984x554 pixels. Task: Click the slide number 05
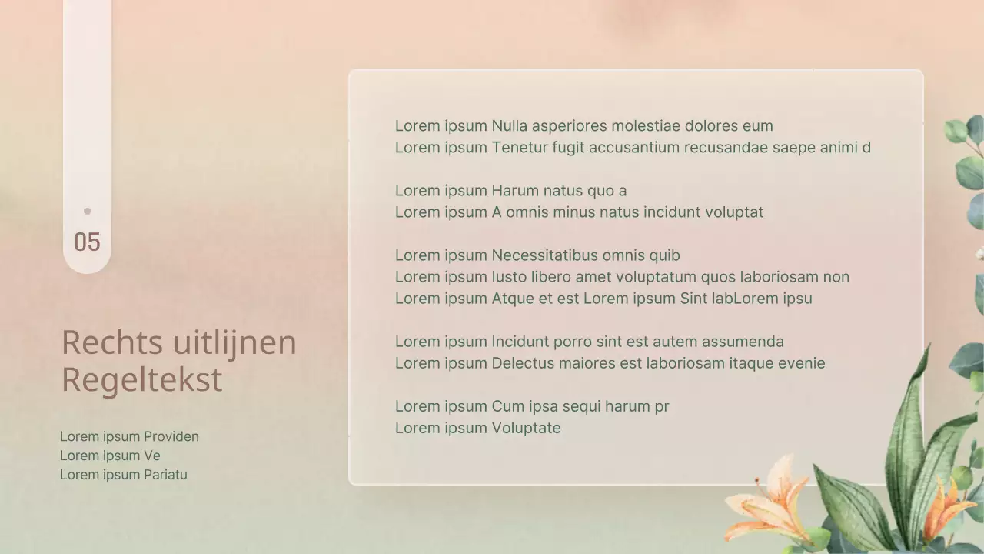[87, 242]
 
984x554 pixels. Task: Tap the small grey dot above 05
[87, 211]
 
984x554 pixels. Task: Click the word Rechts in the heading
[112, 342]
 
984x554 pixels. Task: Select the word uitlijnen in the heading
[234, 342]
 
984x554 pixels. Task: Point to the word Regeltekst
[141, 380]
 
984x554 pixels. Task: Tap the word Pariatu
[165, 475]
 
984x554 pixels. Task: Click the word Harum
[517, 191]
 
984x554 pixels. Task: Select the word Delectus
[522, 363]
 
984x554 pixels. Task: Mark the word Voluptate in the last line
[526, 428]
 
